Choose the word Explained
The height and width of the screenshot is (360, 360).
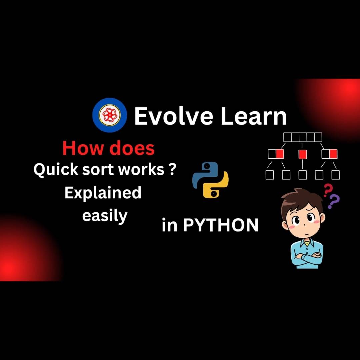coord(103,193)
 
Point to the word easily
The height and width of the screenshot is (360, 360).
coord(105,216)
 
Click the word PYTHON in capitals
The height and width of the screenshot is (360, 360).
coord(221,225)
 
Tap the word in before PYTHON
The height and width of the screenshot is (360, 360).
coord(169,225)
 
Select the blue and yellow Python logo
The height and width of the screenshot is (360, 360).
coord(210,180)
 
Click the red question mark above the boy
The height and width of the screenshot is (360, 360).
coord(327,191)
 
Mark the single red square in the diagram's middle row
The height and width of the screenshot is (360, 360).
coord(302,154)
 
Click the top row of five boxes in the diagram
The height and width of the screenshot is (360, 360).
coord(302,137)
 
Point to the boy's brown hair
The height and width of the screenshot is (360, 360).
coord(300,198)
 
